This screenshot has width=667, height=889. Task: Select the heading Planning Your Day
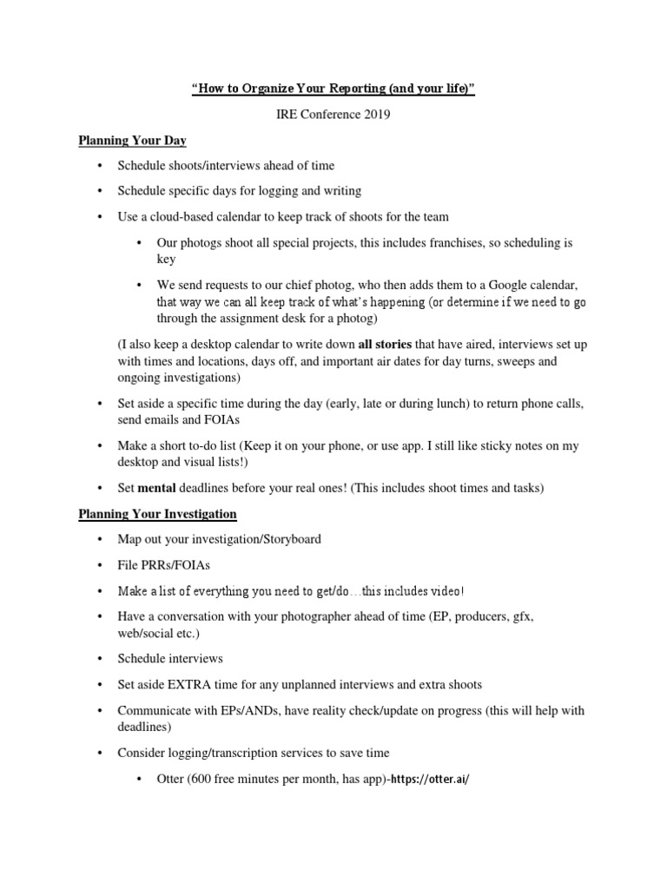[132, 140]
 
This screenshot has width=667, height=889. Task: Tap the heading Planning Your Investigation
[157, 514]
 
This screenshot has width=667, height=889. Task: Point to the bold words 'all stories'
[385, 345]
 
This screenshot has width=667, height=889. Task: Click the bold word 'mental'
[156, 488]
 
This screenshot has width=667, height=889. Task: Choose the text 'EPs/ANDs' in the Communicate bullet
[233, 710]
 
